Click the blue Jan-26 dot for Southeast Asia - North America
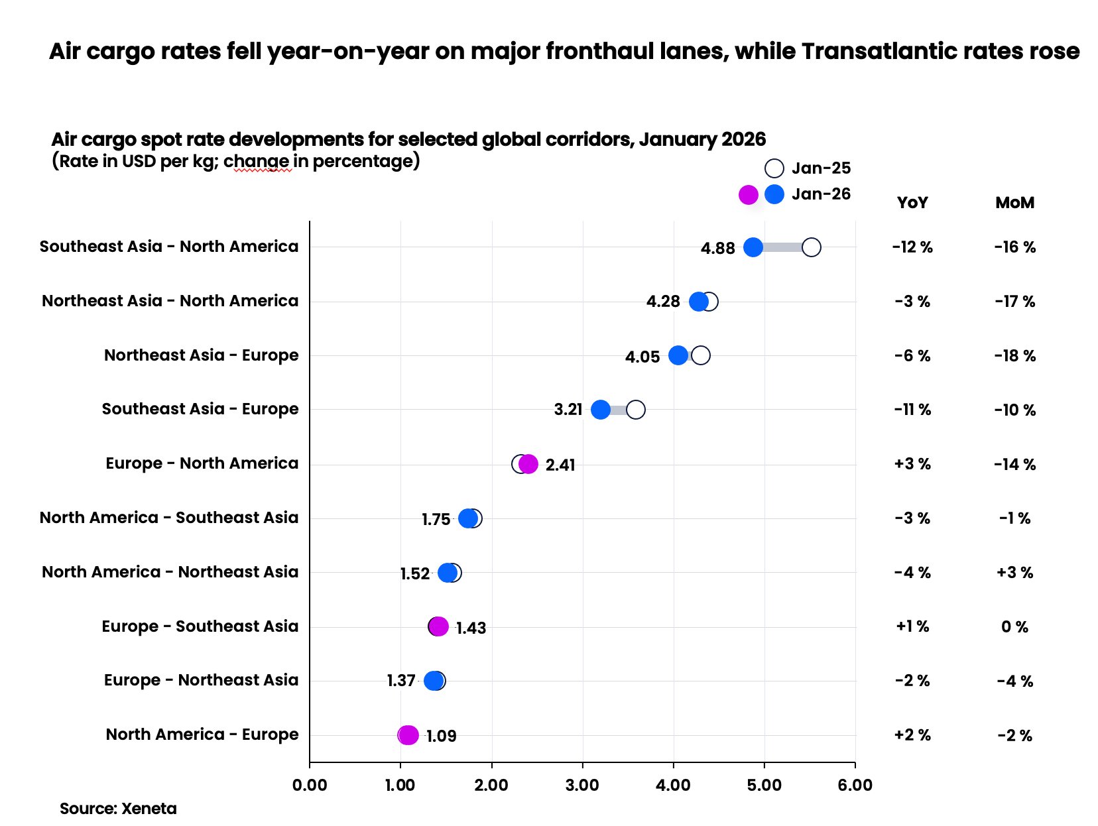pyautogui.click(x=753, y=247)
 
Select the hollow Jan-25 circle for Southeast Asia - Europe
pyautogui.click(x=635, y=410)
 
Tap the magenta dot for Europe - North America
pyautogui.click(x=528, y=464)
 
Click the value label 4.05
pyautogui.click(x=642, y=357)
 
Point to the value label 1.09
pyautogui.click(x=441, y=736)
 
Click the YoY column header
pyautogui.click(x=912, y=203)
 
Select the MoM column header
pyautogui.click(x=1014, y=203)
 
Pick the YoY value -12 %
pyautogui.click(x=912, y=247)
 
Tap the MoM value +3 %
pyautogui.click(x=1014, y=572)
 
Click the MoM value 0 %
pyautogui.click(x=1014, y=626)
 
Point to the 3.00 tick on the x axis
pyautogui.click(x=582, y=786)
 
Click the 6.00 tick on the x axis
pyautogui.click(x=855, y=786)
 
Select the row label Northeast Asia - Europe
pyautogui.click(x=201, y=355)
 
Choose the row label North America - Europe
pyautogui.click(x=202, y=735)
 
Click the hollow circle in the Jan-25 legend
pyautogui.click(x=774, y=168)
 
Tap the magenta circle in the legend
pyautogui.click(x=748, y=195)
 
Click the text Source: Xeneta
pyautogui.click(x=118, y=809)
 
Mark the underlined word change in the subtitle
pyautogui.click(x=257, y=161)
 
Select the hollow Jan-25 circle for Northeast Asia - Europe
pyautogui.click(x=700, y=355)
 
